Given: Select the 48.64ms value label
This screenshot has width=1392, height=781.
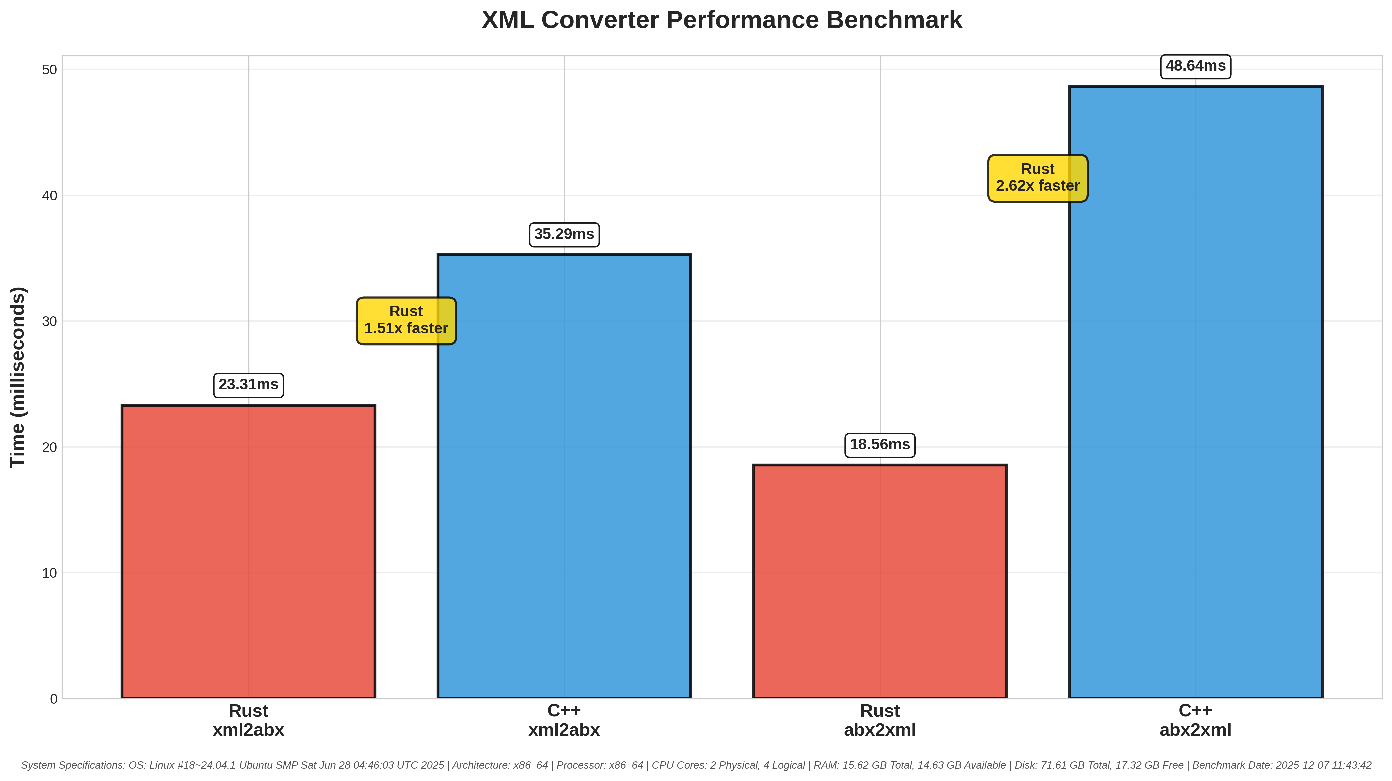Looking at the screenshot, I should (1195, 66).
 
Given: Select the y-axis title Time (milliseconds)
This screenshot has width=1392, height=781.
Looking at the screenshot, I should (18, 377).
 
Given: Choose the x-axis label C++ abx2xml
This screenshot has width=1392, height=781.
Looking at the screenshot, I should (1195, 720).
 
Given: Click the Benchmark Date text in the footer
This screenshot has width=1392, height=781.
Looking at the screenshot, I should (1282, 765).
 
